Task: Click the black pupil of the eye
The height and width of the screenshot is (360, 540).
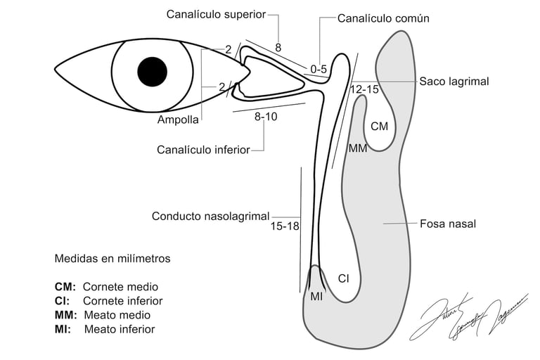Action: pyautogui.click(x=153, y=70)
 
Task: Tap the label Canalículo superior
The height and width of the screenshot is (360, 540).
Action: pyautogui.click(x=217, y=14)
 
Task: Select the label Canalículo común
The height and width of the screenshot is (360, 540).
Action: pyautogui.click(x=383, y=18)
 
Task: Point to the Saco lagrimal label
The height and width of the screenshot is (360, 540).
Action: pyautogui.click(x=454, y=82)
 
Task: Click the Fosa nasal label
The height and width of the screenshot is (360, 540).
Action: pyautogui.click(x=447, y=224)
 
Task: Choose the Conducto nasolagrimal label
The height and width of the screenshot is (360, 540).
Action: pyautogui.click(x=210, y=217)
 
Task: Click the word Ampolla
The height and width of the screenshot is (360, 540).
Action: pyautogui.click(x=178, y=120)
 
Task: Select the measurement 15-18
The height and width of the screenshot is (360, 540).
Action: pyautogui.click(x=285, y=226)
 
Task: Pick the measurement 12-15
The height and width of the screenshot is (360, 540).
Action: pyautogui.click(x=364, y=89)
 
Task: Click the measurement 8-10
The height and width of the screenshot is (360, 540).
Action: pyautogui.click(x=266, y=117)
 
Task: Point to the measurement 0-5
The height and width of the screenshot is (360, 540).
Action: pyautogui.click(x=319, y=69)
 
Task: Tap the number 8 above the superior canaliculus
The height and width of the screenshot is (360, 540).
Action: pyautogui.click(x=278, y=48)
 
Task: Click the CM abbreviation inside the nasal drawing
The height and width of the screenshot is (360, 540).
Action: pyautogui.click(x=379, y=127)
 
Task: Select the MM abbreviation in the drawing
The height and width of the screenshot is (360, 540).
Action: pyautogui.click(x=358, y=148)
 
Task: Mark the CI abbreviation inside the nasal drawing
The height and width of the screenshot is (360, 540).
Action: pyautogui.click(x=343, y=278)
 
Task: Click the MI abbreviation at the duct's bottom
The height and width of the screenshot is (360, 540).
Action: pyautogui.click(x=316, y=297)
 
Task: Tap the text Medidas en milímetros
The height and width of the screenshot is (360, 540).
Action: pyautogui.click(x=112, y=259)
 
